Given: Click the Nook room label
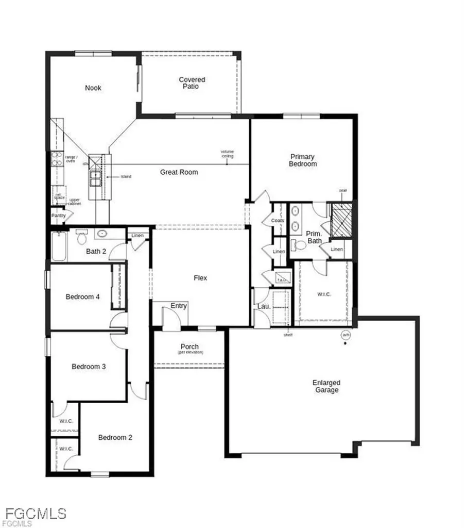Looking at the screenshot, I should (93, 88).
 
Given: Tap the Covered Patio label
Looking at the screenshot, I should (192, 83).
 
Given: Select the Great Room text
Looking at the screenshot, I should (179, 172).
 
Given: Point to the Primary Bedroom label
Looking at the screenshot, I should (303, 160).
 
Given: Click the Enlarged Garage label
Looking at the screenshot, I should (326, 387).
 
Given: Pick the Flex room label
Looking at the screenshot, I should (200, 278).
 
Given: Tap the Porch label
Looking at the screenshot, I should (190, 347).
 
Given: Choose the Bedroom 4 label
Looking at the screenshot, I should (79, 297).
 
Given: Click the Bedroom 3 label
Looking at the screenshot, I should (89, 367).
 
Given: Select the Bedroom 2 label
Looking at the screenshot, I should (115, 437).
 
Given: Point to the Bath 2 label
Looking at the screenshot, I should (96, 251).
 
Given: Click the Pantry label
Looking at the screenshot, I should (58, 216).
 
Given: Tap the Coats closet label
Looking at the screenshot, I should (278, 221).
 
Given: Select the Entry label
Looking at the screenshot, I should (179, 306).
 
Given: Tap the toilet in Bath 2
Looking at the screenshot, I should (81, 239).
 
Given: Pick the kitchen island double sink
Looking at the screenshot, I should (95, 178).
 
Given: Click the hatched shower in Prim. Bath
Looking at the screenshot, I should (340, 221).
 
